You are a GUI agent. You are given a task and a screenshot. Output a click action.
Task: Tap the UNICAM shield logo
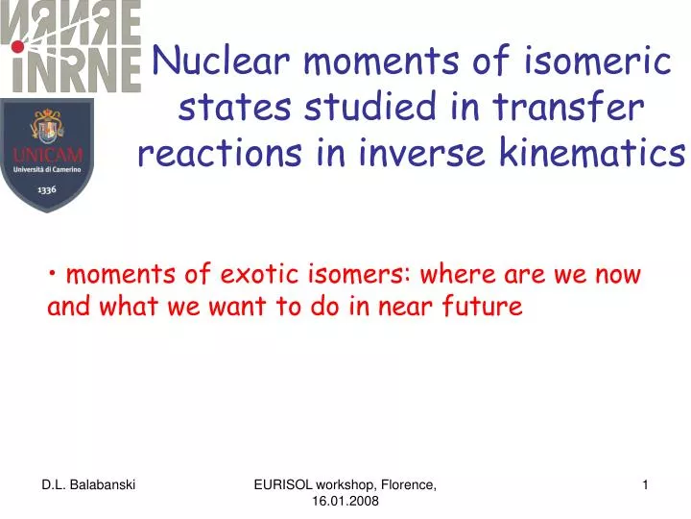tap(47, 154)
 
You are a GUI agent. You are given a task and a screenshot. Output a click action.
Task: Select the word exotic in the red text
tap(260, 275)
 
